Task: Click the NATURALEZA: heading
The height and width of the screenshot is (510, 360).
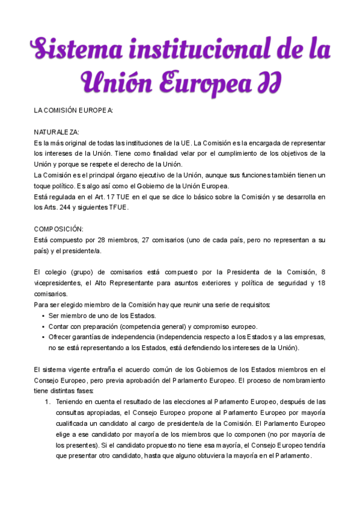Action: pos(56,132)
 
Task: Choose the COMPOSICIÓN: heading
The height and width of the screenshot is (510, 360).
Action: pos(59,229)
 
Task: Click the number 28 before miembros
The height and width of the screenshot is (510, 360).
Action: pos(96,240)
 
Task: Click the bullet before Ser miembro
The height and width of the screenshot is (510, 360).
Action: pos(43,316)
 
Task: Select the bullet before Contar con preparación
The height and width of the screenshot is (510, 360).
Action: pos(43,327)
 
